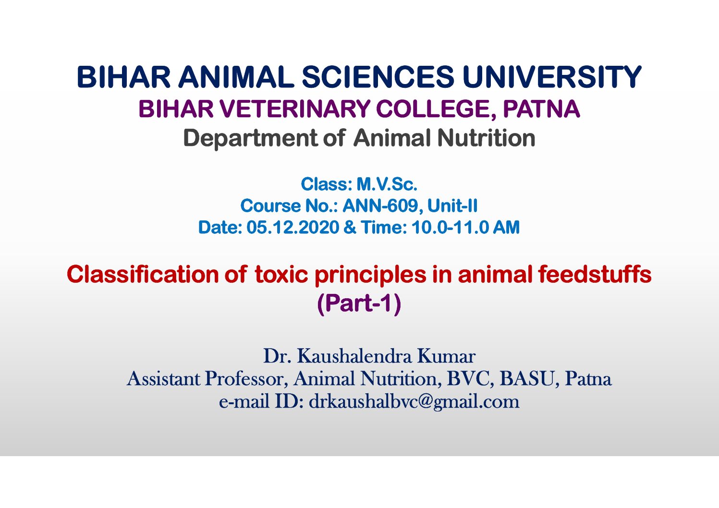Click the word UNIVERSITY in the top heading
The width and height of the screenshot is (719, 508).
552,77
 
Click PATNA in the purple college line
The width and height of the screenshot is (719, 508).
541,109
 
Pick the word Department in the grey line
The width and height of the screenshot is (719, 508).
250,138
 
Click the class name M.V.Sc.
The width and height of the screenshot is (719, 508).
387,184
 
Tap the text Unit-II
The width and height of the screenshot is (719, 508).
452,206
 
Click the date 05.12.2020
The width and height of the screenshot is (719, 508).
292,227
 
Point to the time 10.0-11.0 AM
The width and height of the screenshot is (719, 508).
465,227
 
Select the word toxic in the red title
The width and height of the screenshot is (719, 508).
281,274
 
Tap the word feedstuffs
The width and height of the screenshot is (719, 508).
595,274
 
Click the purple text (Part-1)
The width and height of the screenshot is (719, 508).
359,303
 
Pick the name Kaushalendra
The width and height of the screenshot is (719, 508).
354,356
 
